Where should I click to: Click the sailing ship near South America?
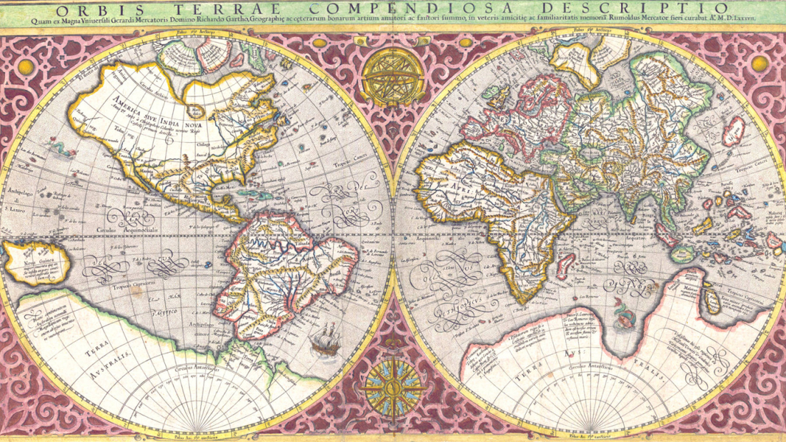tap(326, 339)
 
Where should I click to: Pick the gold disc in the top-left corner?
tap(26, 66)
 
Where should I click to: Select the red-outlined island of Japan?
tap(732, 131)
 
